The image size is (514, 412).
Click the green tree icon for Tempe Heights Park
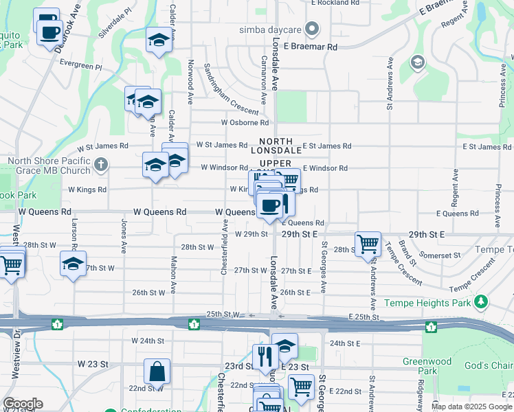pyautogui.click(x=482, y=301)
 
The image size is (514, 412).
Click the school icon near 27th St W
pyautogui.click(x=73, y=264)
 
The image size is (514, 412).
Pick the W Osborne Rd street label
pyautogui.click(x=245, y=122)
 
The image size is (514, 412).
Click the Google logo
pyautogui.click(x=23, y=404)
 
